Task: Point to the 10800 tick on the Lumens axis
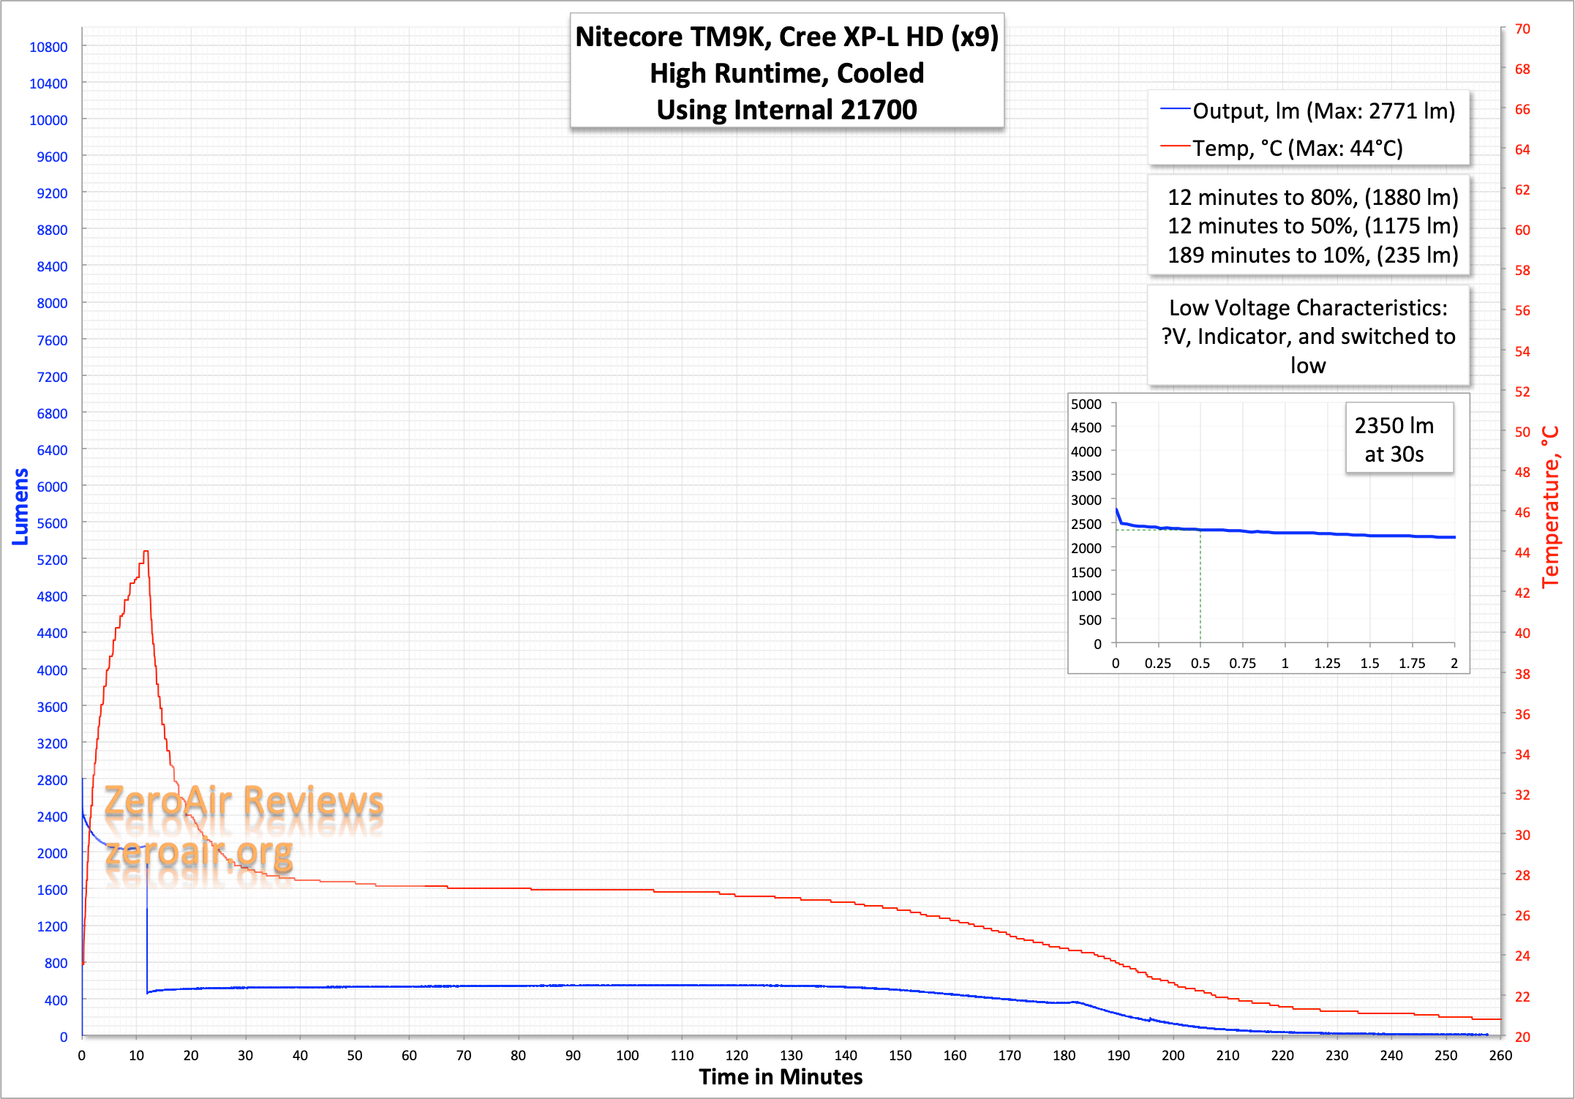pos(48,47)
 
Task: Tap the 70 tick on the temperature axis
pos(1522,29)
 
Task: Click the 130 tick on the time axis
pos(791,1055)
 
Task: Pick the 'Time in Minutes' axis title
pos(781,1077)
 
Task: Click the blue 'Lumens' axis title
pos(20,506)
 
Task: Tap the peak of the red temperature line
pos(146,551)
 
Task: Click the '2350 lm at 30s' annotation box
pos(1394,440)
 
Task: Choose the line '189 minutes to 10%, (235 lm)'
pos(1312,255)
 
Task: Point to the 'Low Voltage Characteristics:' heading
pos(1308,307)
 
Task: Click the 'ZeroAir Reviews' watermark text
pos(244,801)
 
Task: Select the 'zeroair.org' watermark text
pos(198,852)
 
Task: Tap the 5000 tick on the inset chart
pos(1086,404)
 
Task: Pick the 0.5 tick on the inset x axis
pos(1200,663)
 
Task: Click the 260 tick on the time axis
pos(1500,1055)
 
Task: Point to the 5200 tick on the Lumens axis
pos(52,560)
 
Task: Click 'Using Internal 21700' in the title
pos(786,110)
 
